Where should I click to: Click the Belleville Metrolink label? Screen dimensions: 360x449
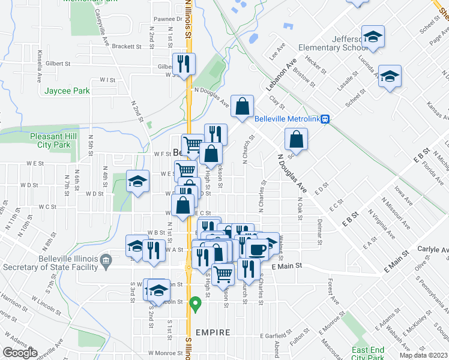286,119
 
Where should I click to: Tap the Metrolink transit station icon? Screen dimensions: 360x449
325,119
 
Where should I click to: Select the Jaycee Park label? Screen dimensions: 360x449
67,91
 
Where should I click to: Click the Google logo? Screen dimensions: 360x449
20,353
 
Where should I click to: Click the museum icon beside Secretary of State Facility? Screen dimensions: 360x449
106,259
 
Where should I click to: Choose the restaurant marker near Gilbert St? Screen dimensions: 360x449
183,63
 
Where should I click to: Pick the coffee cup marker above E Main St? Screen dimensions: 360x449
258,248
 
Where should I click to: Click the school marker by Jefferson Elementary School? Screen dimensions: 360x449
373,37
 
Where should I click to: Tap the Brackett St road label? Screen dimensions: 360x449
125,46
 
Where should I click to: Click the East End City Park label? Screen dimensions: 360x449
367,353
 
